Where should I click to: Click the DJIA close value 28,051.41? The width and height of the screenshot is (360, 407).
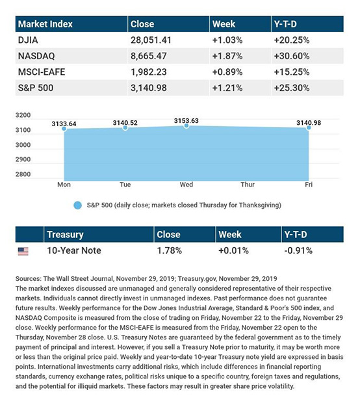pyautogui.click(x=151, y=40)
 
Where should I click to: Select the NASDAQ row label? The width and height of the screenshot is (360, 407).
pyautogui.click(x=36, y=56)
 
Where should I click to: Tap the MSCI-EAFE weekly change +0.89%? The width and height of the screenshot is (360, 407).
pyautogui.click(x=227, y=72)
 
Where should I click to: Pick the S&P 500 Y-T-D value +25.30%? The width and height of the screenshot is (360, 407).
pyautogui.click(x=292, y=88)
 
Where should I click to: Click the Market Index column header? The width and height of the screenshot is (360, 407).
pyautogui.click(x=45, y=24)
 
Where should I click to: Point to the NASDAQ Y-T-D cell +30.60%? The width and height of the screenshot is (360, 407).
pyautogui.click(x=292, y=56)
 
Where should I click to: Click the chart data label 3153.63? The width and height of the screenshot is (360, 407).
pyautogui.click(x=186, y=121)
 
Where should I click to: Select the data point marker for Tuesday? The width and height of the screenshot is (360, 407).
pyautogui.click(x=125, y=127)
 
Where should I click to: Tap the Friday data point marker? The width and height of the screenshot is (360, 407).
pyautogui.click(x=309, y=127)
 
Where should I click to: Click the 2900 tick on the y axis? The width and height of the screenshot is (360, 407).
pyautogui.click(x=23, y=159)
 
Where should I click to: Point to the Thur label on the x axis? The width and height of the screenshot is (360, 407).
pyautogui.click(x=248, y=185)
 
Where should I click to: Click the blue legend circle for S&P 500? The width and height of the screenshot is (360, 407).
pyautogui.click(x=77, y=205)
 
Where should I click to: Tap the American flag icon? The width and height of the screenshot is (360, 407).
pyautogui.click(x=23, y=251)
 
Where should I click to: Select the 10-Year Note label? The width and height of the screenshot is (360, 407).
pyautogui.click(x=74, y=250)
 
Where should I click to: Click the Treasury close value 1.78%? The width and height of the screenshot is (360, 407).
pyautogui.click(x=169, y=250)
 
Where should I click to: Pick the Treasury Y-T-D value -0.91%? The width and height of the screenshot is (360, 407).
pyautogui.click(x=298, y=250)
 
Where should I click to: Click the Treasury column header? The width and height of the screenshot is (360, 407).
pyautogui.click(x=65, y=235)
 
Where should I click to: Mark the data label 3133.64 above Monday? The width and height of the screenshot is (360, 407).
pyautogui.click(x=64, y=124)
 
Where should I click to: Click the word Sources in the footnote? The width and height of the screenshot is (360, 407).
pyautogui.click(x=29, y=279)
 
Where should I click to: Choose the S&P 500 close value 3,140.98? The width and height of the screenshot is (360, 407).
pyautogui.click(x=149, y=88)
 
